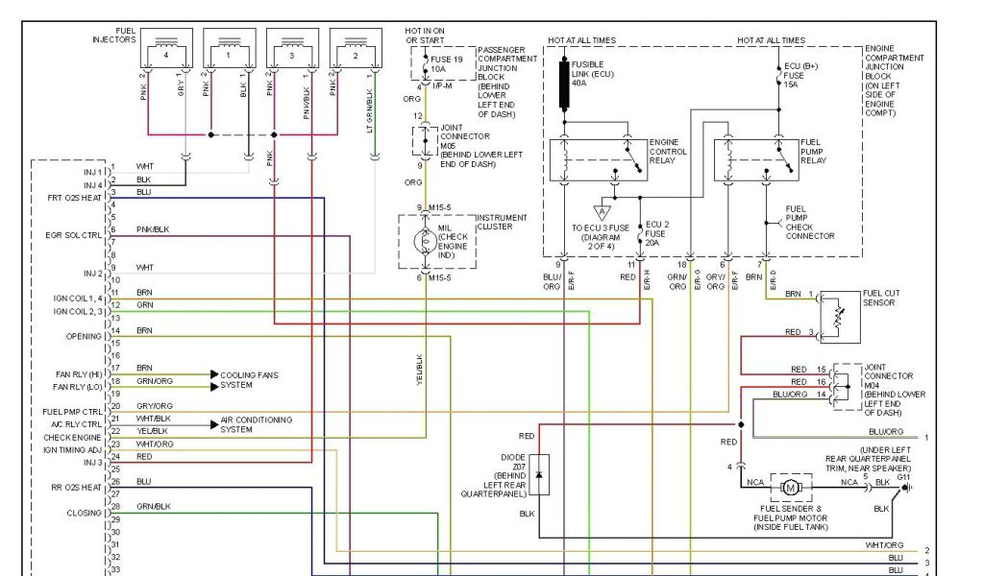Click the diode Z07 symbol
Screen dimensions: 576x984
tap(539, 474)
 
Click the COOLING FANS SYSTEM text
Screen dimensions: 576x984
tap(249, 380)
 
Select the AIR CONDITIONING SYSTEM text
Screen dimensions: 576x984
tap(256, 424)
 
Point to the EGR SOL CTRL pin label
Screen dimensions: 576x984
tap(73, 234)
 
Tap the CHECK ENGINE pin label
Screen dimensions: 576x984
tap(73, 438)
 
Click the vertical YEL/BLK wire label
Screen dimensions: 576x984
tap(420, 369)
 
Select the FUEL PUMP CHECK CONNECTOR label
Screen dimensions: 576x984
tap(809, 222)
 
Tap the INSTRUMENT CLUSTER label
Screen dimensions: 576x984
tap(502, 222)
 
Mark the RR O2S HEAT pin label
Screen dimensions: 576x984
tap(76, 487)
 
